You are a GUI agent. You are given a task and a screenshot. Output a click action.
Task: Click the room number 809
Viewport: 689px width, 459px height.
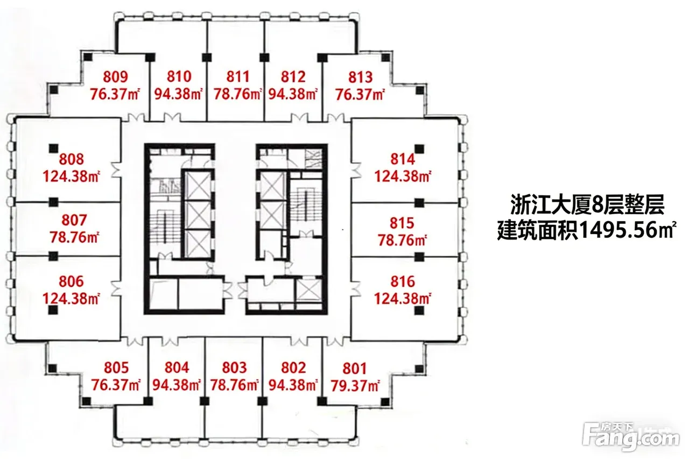(115, 77)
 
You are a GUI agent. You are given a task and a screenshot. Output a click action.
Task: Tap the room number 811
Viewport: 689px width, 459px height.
(238, 77)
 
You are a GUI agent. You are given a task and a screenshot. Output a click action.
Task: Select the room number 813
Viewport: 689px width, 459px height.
(360, 77)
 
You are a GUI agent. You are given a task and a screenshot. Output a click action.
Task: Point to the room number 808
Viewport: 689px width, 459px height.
(72, 159)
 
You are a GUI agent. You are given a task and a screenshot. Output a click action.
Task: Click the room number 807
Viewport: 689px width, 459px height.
(74, 220)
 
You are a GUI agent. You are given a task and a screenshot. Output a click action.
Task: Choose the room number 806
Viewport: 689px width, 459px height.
(71, 281)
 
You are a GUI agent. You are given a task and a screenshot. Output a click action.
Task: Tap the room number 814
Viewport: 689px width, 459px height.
(403, 159)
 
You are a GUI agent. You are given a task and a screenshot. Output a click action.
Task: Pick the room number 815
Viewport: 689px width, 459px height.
(402, 223)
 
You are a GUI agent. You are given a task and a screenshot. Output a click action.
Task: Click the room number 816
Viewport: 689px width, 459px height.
(403, 281)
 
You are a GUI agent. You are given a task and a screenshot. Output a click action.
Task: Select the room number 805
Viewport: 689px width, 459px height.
(116, 368)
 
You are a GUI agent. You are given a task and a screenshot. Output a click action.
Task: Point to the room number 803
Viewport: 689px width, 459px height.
(234, 368)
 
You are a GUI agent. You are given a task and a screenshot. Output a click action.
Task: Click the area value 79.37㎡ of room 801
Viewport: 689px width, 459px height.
(355, 386)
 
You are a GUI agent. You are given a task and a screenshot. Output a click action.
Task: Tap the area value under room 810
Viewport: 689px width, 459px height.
(178, 94)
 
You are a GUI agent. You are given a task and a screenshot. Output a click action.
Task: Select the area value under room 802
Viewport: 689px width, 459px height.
(293, 385)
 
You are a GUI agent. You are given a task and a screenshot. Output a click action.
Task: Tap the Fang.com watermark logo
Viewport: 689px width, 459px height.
(630, 436)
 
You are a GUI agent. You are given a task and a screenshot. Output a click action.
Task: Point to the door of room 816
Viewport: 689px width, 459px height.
(356, 288)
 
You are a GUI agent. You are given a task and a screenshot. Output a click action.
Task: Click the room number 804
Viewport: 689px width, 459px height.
(177, 368)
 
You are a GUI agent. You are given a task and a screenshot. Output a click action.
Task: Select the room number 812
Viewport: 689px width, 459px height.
(293, 77)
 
